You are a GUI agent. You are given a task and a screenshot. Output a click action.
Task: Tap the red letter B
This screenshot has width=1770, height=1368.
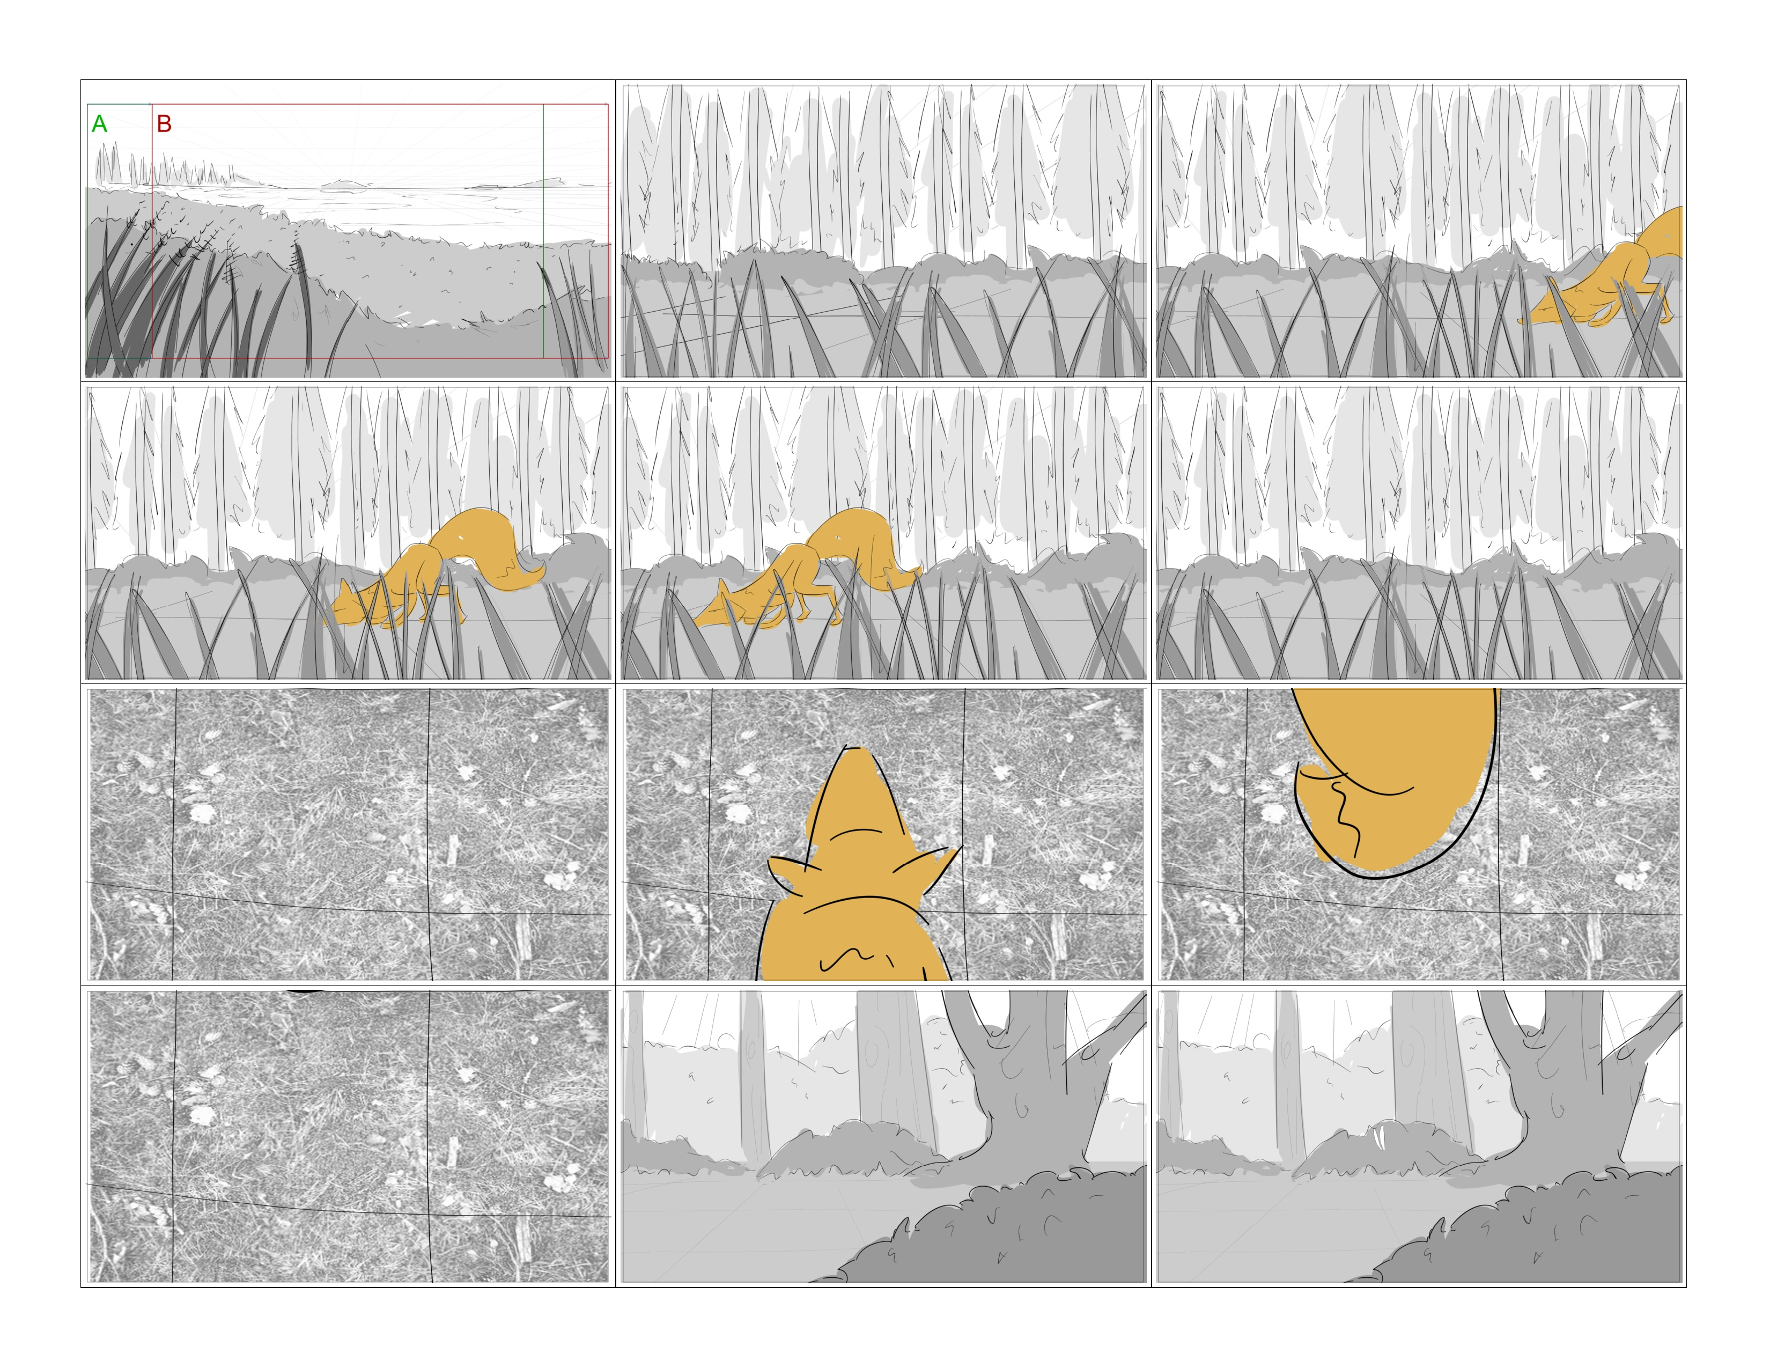(x=164, y=124)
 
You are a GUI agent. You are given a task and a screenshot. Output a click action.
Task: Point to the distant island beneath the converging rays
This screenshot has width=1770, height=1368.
(x=344, y=185)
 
